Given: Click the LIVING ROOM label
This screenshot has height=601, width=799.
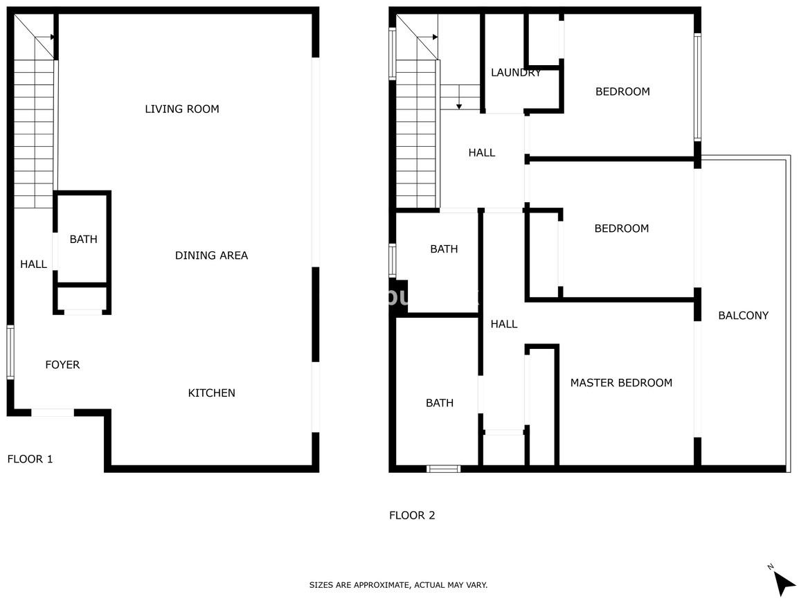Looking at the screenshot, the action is click(182, 109).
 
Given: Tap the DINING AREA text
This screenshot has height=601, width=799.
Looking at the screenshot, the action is click(211, 255).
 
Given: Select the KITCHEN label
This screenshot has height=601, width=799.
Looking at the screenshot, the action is click(211, 393).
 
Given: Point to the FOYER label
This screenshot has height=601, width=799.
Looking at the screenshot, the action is click(62, 365).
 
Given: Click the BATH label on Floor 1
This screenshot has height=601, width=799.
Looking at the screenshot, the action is click(83, 239).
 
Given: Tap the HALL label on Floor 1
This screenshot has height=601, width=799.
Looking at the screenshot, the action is click(34, 264).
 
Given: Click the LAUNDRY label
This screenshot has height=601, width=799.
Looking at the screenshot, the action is click(516, 73).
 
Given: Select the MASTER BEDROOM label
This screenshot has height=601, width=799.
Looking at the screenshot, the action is click(621, 383).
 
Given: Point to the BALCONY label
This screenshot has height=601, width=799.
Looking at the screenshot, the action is click(744, 316).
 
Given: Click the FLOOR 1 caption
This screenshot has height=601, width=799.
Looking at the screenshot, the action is click(30, 459).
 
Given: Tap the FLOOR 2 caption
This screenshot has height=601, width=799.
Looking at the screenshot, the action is click(412, 515).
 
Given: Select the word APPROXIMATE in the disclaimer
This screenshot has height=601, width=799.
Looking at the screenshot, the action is click(379, 585).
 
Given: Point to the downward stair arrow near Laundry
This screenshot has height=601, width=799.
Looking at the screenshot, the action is click(459, 98).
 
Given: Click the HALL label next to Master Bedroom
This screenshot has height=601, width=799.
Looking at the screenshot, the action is click(504, 324).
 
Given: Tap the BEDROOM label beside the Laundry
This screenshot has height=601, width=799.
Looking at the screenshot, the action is click(622, 92).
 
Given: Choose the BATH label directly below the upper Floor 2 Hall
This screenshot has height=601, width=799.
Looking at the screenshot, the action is click(444, 249).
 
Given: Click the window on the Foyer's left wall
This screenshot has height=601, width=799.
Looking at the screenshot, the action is click(10, 352).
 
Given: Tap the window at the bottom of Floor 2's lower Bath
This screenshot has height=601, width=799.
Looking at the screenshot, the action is click(443, 469).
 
